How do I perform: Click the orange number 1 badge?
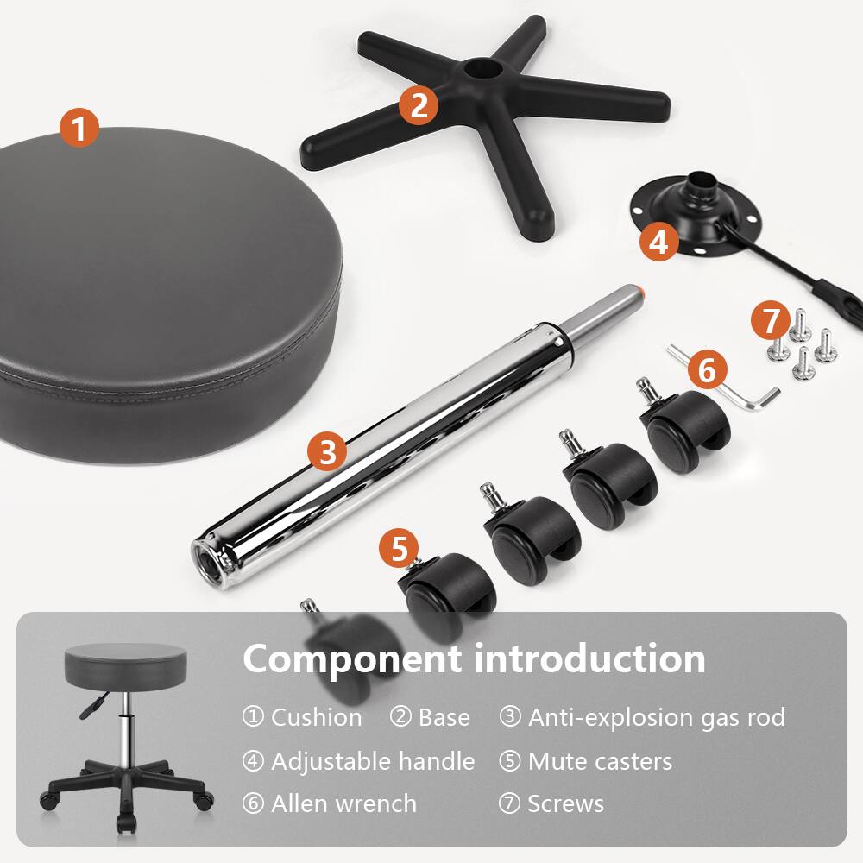(79, 129)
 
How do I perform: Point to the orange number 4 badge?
(658, 241)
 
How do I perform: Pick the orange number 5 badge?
(399, 550)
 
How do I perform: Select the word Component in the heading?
(350, 658)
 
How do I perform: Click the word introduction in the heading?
(589, 658)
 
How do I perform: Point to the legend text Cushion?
(316, 717)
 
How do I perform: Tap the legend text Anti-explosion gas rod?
(656, 717)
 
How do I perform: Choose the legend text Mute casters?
(600, 761)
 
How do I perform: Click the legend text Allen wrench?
(343, 803)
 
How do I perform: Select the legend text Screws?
(565, 803)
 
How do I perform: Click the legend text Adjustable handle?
(373, 761)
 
